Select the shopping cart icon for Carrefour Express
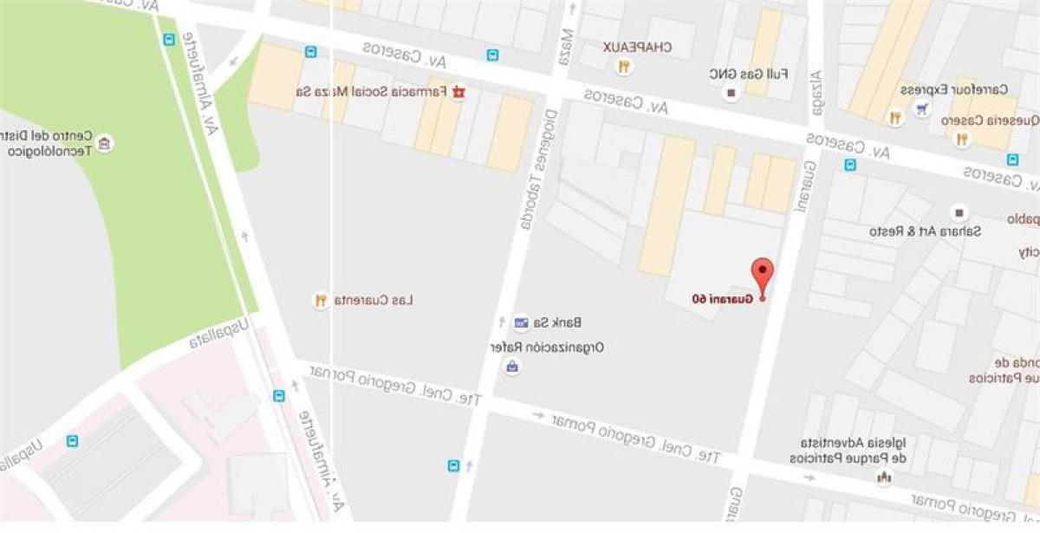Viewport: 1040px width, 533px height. pos(922,108)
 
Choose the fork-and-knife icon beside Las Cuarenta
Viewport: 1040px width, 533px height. pos(321,301)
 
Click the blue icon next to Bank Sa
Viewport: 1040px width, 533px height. pos(520,323)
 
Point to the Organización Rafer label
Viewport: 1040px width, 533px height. pos(547,347)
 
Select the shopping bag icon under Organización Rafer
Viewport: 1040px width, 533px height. pos(513,367)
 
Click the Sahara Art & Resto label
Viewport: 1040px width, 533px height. pos(906,231)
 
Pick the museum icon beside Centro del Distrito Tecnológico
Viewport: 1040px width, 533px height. pos(105,143)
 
